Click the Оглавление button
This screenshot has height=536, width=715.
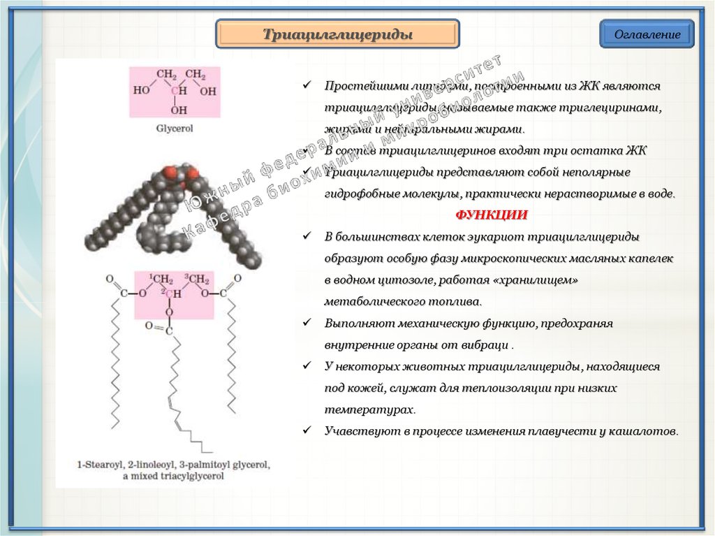(647, 34)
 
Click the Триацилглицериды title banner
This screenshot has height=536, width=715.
(337, 34)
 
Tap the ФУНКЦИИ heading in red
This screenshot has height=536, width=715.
(492, 215)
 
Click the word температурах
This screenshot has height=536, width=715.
(369, 410)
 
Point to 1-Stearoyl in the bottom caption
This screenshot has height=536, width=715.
(103, 465)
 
